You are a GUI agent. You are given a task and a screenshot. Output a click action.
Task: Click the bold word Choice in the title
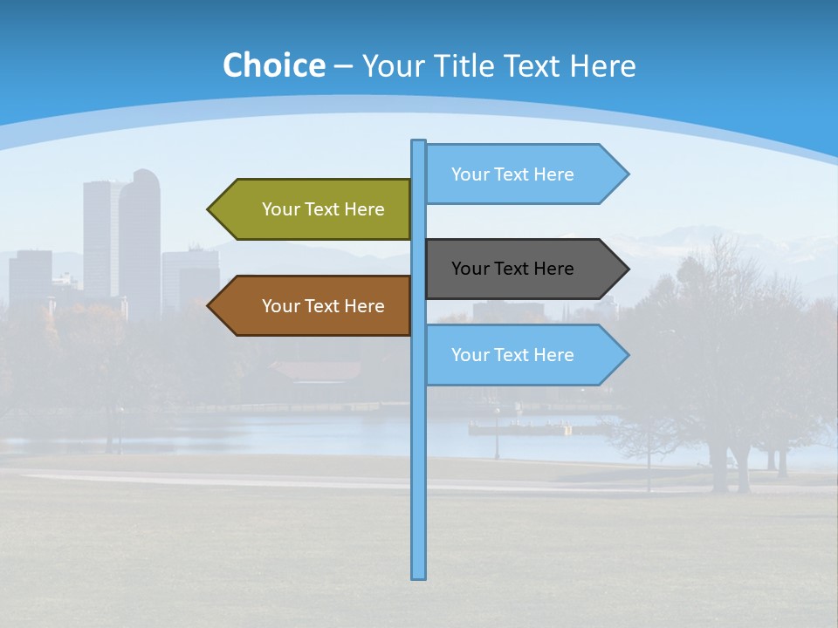coord(273,66)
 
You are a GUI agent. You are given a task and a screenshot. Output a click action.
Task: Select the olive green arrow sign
coord(310,209)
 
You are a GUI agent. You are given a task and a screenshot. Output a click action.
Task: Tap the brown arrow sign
coord(310,306)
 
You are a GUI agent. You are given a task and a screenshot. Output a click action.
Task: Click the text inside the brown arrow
coord(323,306)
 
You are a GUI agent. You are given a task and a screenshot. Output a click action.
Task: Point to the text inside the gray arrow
coord(512,269)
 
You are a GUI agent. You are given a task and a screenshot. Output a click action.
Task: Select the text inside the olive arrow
coord(323,209)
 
